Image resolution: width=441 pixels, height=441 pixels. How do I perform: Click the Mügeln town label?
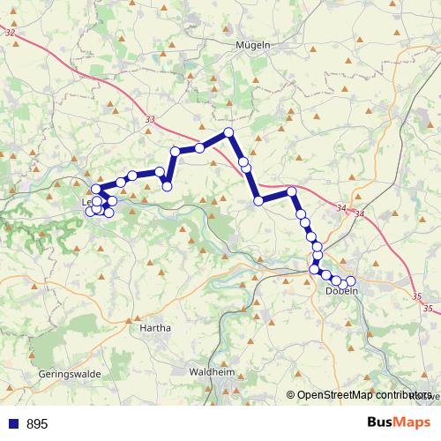(253, 45)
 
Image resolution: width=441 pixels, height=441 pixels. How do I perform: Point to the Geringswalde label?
(70, 374)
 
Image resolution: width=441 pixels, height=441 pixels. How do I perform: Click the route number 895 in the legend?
(38, 424)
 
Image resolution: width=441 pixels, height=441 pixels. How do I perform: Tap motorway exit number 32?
(10, 33)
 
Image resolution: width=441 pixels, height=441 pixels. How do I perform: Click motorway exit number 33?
(149, 120)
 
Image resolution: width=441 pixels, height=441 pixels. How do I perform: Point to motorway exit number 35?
(428, 309)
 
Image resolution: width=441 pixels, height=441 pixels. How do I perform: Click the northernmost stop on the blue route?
(228, 132)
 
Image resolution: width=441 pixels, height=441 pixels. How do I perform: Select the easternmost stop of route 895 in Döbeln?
(351, 280)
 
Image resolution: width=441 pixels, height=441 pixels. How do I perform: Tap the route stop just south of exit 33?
(176, 152)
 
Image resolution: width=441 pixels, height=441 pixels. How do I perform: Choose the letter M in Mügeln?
(239, 45)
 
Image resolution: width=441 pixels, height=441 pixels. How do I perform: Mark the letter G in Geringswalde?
(42, 374)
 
